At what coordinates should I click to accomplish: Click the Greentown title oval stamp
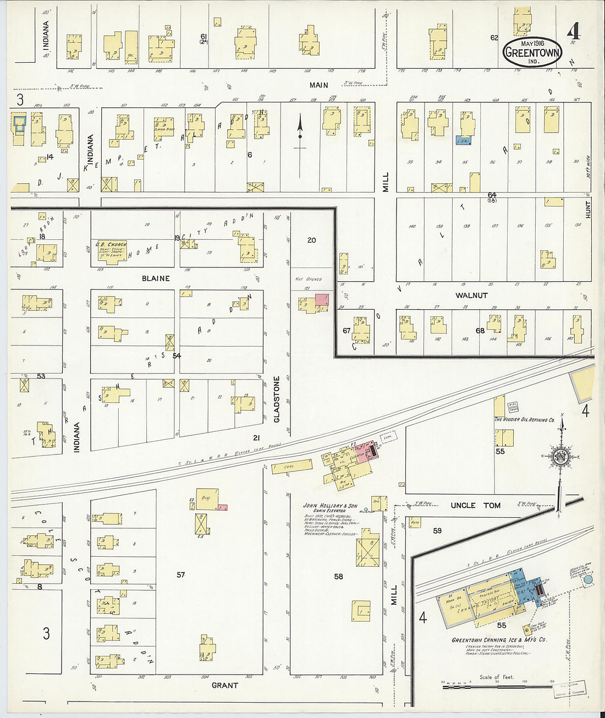[x=532, y=52]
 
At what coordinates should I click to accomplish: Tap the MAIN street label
[x=318, y=85]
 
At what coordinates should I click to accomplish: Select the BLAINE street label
[x=156, y=278]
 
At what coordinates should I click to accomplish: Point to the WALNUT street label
[x=471, y=295]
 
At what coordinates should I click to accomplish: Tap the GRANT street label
[x=225, y=686]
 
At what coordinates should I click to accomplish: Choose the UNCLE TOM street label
[x=476, y=505]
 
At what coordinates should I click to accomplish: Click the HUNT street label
[x=587, y=210]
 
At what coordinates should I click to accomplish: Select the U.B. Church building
[x=113, y=252]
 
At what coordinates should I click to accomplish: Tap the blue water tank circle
[x=588, y=579]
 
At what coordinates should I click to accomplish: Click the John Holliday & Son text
[x=330, y=506]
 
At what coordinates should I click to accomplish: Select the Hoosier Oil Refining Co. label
[x=524, y=420]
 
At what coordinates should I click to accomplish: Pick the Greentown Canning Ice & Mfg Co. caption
[x=499, y=640]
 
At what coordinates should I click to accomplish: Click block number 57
[x=180, y=575]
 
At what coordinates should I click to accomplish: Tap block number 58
[x=338, y=577]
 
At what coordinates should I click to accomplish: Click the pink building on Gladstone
[x=321, y=300]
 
